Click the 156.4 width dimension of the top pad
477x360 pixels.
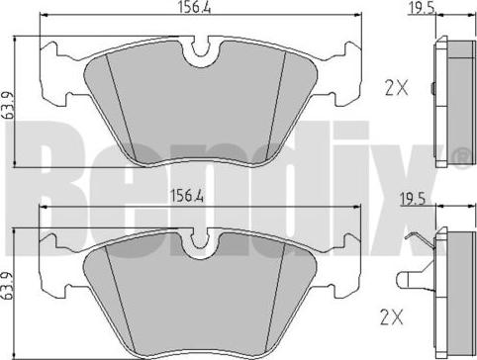[x=194, y=7]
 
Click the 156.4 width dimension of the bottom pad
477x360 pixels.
[x=187, y=197]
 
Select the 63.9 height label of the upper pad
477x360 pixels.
[x=8, y=105]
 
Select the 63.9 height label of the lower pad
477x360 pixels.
[x=7, y=286]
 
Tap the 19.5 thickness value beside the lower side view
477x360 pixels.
[x=413, y=200]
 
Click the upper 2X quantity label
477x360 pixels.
[x=396, y=88]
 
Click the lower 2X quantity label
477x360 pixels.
[x=392, y=316]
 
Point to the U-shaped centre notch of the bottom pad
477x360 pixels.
[x=200, y=244]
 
